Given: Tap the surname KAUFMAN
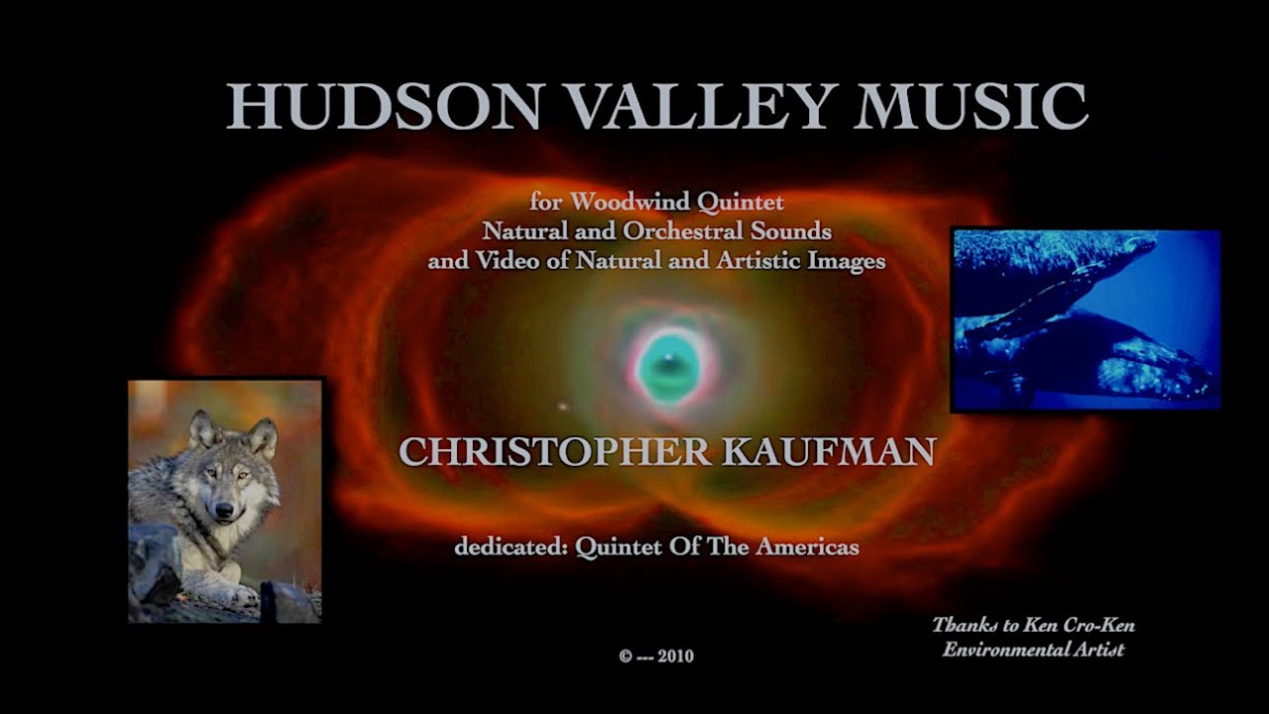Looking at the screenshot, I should tap(829, 452).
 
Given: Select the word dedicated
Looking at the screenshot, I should tap(510, 546).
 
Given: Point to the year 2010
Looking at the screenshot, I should tap(676, 655).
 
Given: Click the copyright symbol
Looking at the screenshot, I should tap(626, 655).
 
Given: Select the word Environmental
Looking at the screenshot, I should tap(1001, 650).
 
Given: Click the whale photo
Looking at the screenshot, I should tap(1086, 319).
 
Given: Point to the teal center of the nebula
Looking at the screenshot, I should tap(667, 365).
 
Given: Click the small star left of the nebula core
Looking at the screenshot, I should tap(564, 406).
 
